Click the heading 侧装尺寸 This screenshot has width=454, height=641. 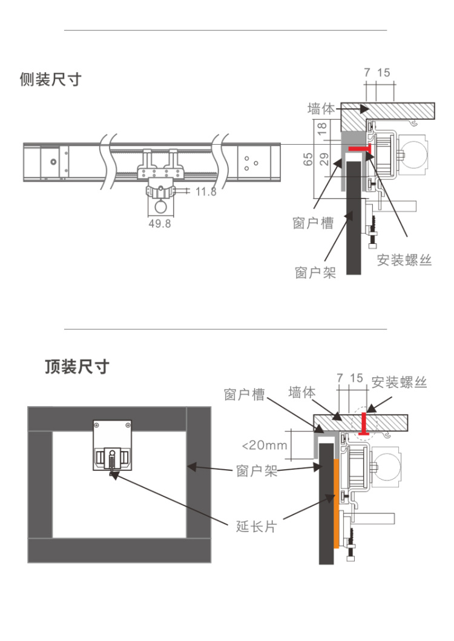point(50,79)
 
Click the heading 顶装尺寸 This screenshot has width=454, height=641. point(77,367)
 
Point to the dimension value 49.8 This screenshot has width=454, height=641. point(160,223)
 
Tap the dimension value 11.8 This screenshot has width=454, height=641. point(206,192)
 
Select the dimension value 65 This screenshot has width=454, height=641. point(308,159)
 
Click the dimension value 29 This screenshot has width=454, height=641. point(323,160)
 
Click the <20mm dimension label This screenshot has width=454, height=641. point(264,445)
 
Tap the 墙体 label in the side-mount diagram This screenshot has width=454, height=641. point(321,109)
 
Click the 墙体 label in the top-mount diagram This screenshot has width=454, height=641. point(302,392)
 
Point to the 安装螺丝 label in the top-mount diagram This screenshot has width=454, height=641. point(400,382)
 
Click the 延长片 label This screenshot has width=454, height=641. point(255,526)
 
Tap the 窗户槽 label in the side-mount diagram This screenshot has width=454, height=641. point(313,223)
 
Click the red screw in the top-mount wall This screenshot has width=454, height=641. point(365,423)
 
